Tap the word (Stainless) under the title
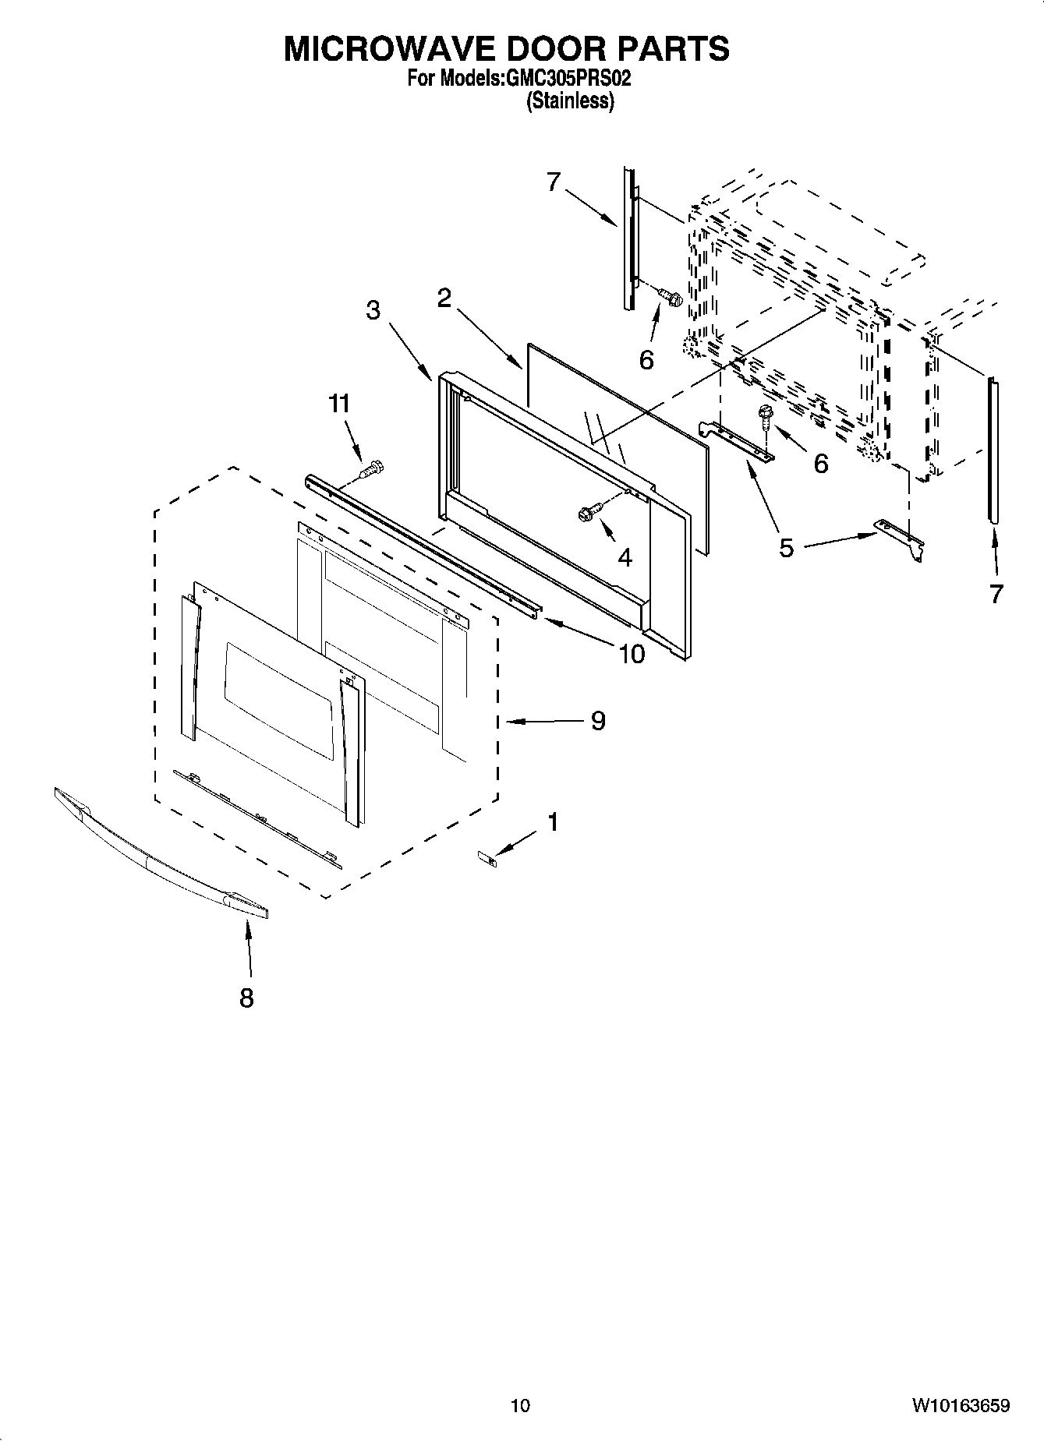pyautogui.click(x=570, y=101)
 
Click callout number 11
pyautogui.click(x=339, y=404)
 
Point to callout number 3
pyautogui.click(x=373, y=310)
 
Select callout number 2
pyautogui.click(x=444, y=298)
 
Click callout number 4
pyautogui.click(x=625, y=557)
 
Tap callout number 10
pyautogui.click(x=632, y=653)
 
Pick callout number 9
pyautogui.click(x=597, y=721)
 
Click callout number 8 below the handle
pyautogui.click(x=246, y=997)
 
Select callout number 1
pyautogui.click(x=553, y=822)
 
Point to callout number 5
pyautogui.click(x=786, y=548)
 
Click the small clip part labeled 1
pyautogui.click(x=487, y=858)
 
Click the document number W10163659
pyautogui.click(x=961, y=1406)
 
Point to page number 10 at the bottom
pyautogui.click(x=520, y=1406)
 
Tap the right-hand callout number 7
pyautogui.click(x=996, y=594)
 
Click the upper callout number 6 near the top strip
pyautogui.click(x=646, y=359)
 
